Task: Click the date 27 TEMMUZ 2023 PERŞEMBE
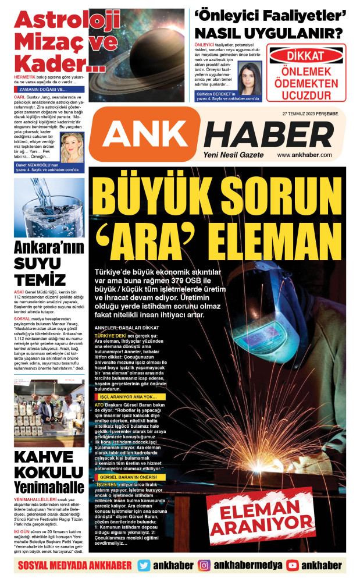click(x=315, y=113)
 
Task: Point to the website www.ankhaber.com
click(x=320, y=155)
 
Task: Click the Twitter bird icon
click(x=144, y=565)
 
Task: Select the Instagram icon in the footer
click(x=204, y=565)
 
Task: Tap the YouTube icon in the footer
click(x=293, y=565)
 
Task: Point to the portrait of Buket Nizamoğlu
click(x=72, y=147)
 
